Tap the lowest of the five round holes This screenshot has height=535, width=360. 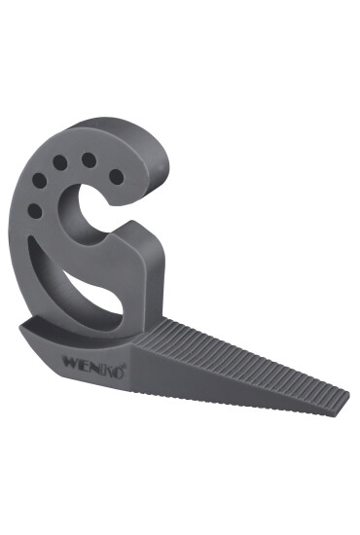(x=35, y=210)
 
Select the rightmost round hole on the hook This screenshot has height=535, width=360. (x=117, y=176)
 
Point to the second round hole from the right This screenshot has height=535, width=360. (x=89, y=160)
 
